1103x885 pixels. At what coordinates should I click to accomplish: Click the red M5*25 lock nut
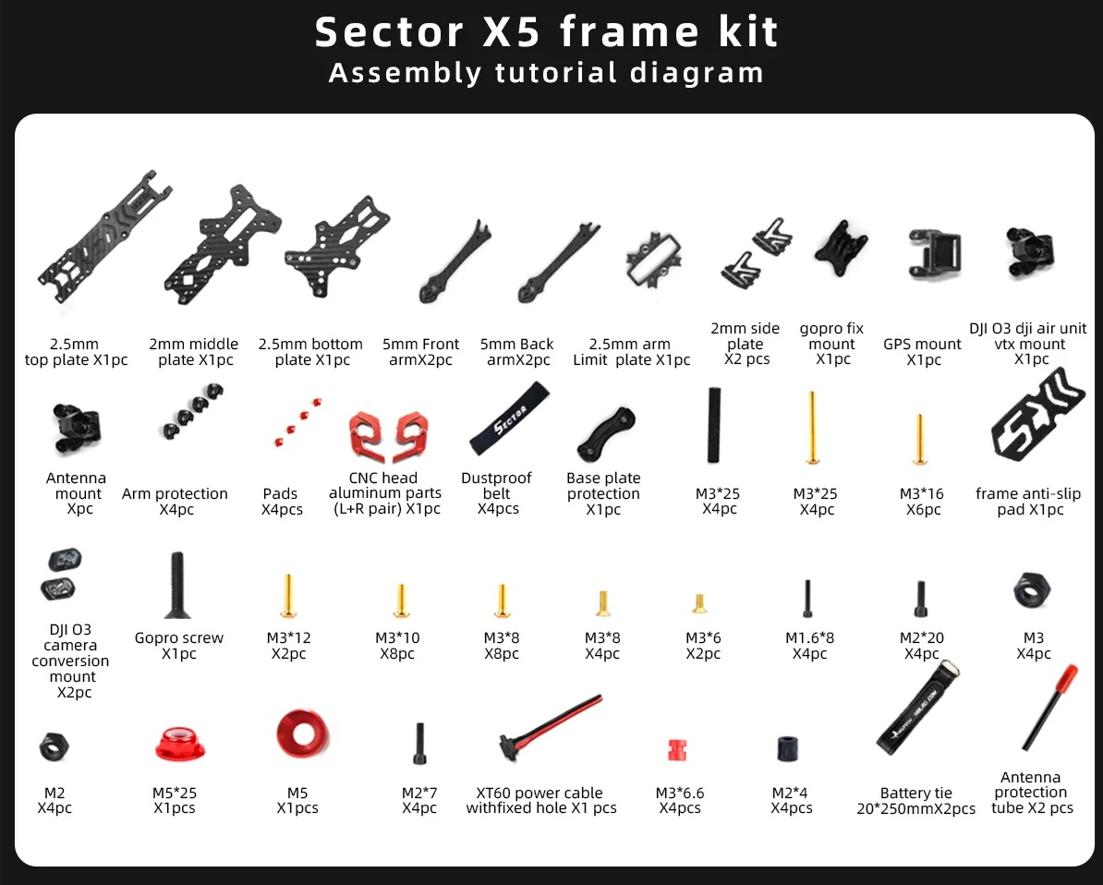(179, 745)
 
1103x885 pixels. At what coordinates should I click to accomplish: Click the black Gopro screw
(176, 585)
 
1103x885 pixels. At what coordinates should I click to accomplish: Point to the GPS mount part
(934, 253)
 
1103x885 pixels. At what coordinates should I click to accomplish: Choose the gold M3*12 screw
(288, 596)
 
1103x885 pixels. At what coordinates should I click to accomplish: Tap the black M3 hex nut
(1032, 591)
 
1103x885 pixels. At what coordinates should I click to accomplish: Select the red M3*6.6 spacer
(677, 750)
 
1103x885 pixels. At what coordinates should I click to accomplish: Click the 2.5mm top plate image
(104, 236)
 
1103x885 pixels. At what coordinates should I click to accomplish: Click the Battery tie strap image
(918, 708)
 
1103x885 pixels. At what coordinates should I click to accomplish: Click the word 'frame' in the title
(630, 31)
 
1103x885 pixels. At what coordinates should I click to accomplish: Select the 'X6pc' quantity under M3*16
(923, 509)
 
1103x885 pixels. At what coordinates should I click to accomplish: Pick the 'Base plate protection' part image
(606, 433)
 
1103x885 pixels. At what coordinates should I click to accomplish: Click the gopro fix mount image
(841, 249)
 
